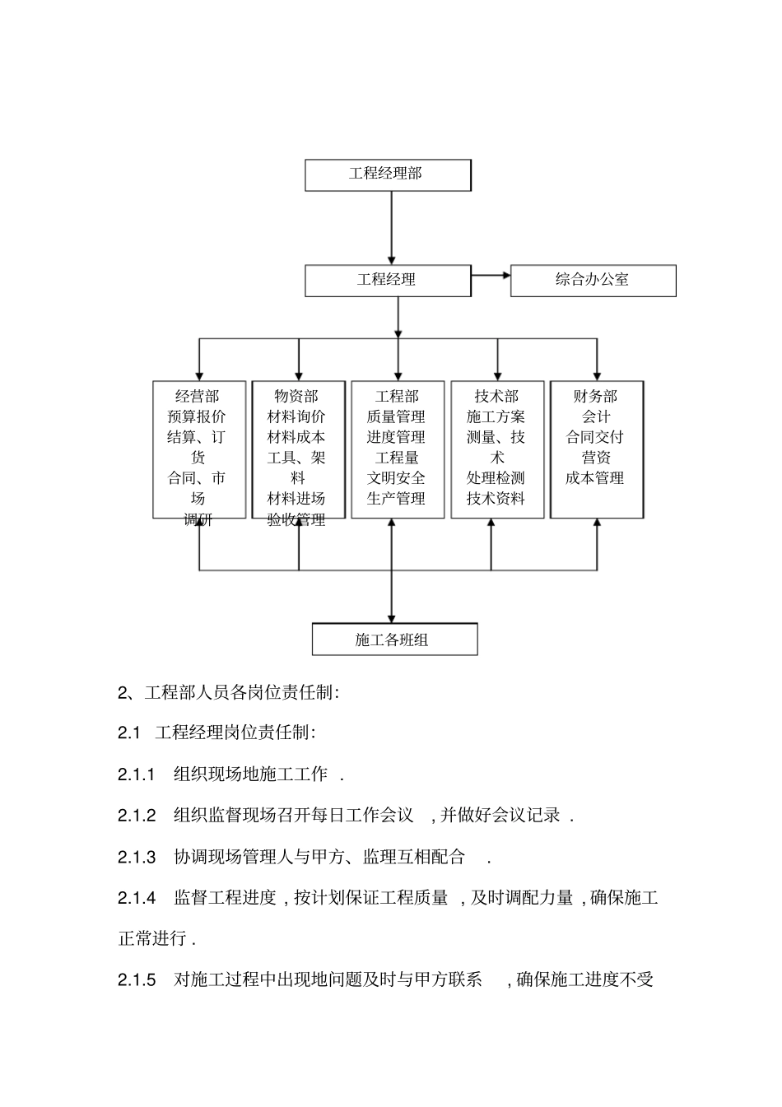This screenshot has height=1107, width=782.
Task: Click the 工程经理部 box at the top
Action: [388, 174]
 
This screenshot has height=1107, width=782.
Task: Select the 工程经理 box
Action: [388, 280]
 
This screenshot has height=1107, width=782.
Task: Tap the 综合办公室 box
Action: [593, 280]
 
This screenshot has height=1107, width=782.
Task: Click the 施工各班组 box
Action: [394, 640]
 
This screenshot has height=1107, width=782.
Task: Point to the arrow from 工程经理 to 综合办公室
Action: [491, 276]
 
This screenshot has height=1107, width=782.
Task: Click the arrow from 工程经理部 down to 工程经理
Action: [391, 228]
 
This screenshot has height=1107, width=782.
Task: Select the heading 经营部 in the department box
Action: [198, 397]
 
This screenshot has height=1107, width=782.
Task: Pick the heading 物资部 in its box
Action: [296, 397]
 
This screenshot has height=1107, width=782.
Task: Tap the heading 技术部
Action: [496, 397]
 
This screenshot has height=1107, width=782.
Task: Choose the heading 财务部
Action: [595, 397]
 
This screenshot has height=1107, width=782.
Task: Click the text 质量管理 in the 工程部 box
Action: [396, 417]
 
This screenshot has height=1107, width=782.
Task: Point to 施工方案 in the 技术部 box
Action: [496, 417]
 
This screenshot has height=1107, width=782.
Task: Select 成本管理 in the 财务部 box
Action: [594, 478]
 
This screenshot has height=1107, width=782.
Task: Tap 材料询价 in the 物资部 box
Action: [296, 417]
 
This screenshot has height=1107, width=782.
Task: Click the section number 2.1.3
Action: [137, 858]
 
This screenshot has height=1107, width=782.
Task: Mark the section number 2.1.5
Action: [137, 980]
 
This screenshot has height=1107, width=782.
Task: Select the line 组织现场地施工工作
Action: [251, 774]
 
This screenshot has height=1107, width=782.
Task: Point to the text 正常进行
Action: [154, 938]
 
